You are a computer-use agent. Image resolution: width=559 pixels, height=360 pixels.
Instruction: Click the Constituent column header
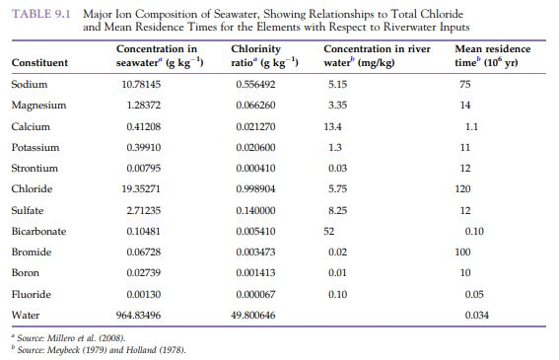(39, 63)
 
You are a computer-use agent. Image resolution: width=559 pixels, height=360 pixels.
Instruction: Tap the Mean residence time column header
(495, 56)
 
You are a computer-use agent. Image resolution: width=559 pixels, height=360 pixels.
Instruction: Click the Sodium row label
(29, 85)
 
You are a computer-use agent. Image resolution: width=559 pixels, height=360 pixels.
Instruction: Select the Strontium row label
(35, 168)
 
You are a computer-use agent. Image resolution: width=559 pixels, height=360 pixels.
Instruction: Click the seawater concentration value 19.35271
(139, 188)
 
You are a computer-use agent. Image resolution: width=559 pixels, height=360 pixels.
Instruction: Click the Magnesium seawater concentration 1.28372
(139, 106)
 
